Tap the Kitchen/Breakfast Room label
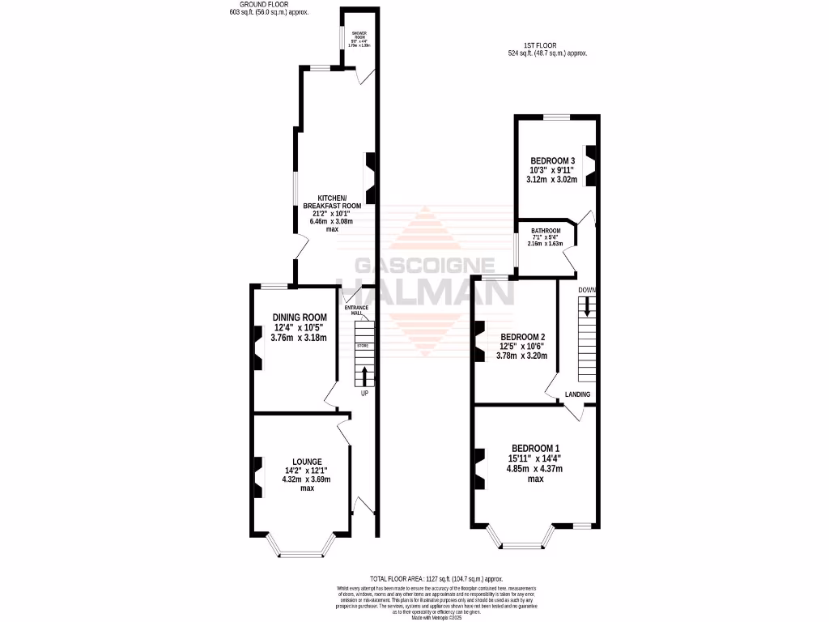pos(332,202)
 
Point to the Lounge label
pos(306,461)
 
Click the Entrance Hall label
pos(356,310)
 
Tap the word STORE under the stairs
pos(363,346)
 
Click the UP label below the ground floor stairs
pos(365,394)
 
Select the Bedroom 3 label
pos(553,160)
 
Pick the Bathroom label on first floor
pos(546,231)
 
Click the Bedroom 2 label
pos(523,337)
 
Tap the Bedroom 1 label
pos(534,449)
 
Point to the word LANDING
pos(578,394)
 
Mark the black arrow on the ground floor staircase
pos(363,376)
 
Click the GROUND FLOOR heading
pos(270,5)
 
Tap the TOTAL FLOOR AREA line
pos(436,579)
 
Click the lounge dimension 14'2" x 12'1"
pos(306,471)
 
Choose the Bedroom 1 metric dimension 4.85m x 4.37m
pos(534,468)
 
